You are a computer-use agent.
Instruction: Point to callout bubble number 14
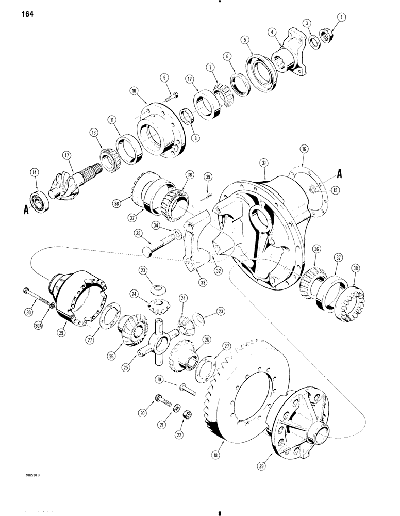pos(36,174)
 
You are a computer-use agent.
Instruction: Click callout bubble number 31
pos(264,164)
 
